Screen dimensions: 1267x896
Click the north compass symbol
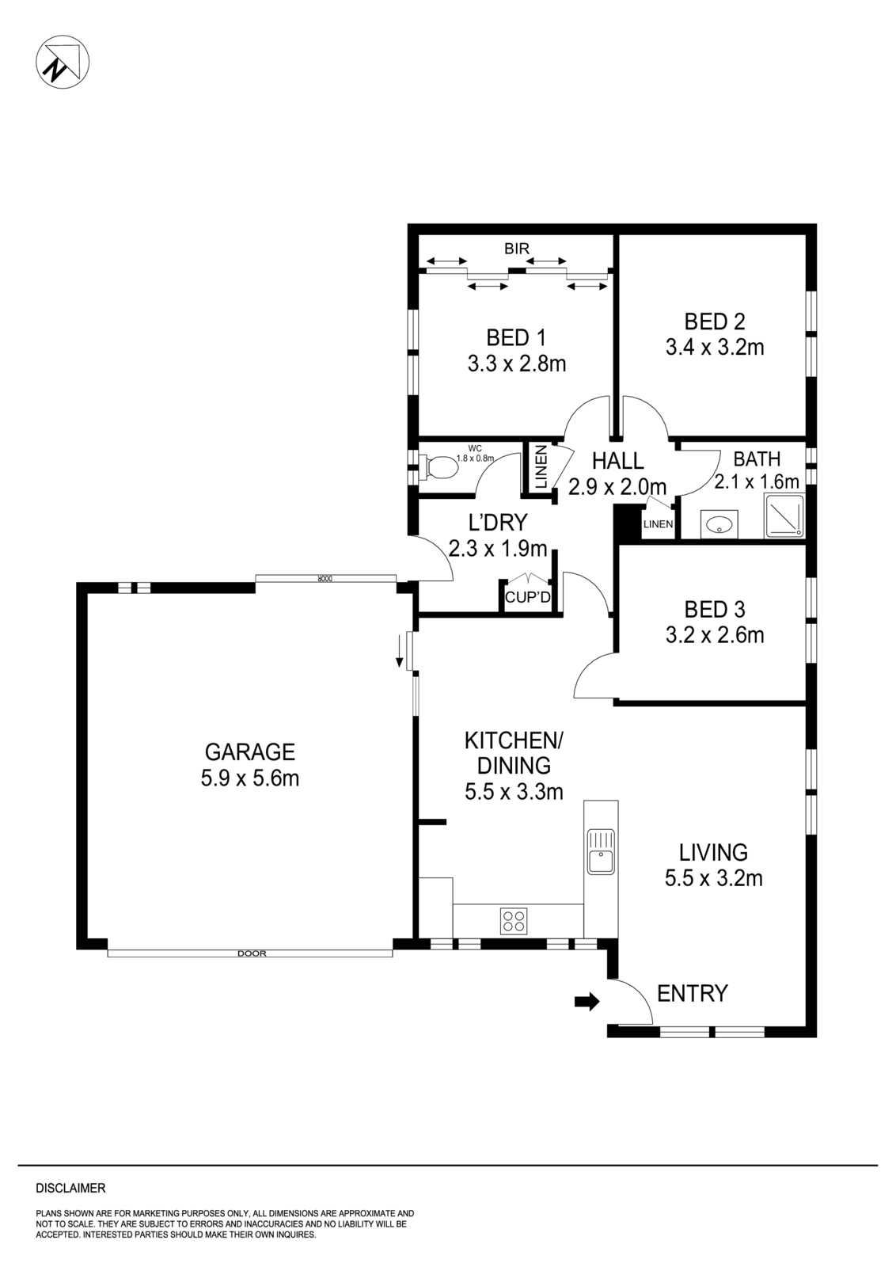63,63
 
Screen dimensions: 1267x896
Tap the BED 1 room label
516,338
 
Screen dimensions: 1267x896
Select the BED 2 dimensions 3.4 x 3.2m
714,347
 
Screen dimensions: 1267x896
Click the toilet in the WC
439,467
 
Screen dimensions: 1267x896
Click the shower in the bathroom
784,516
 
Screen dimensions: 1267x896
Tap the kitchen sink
601,851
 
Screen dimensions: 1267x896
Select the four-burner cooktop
513,921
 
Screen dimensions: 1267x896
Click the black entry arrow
587,1002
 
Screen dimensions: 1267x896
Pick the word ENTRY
692,993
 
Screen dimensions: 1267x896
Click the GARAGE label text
249,751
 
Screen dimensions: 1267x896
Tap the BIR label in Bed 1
516,249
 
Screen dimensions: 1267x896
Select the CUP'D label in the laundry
527,597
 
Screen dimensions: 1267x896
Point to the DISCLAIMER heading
70,1188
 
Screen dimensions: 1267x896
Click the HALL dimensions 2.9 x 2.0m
617,486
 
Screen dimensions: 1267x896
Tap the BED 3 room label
714,609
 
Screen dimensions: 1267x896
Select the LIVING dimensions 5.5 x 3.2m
713,877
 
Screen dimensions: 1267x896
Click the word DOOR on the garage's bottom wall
252,953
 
